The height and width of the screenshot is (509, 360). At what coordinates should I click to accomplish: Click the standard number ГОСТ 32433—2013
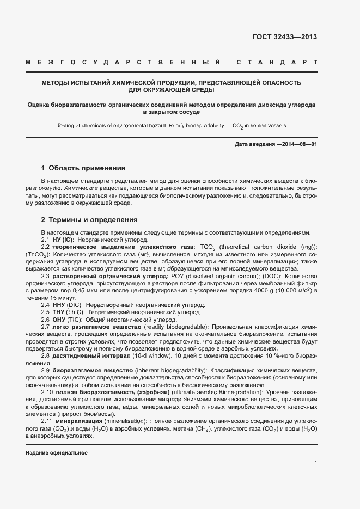pyautogui.click(x=284, y=37)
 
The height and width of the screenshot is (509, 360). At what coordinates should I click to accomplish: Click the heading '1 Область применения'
pyautogui.click(x=83, y=168)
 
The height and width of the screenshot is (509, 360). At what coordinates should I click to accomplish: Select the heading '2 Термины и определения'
pyautogui.click(x=89, y=220)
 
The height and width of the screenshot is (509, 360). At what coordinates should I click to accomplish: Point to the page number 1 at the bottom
pyautogui.click(x=315, y=463)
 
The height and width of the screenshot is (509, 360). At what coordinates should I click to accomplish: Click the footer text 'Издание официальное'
pyautogui.click(x=56, y=453)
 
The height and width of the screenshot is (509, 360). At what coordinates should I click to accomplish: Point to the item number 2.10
pyautogui.click(x=48, y=392)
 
